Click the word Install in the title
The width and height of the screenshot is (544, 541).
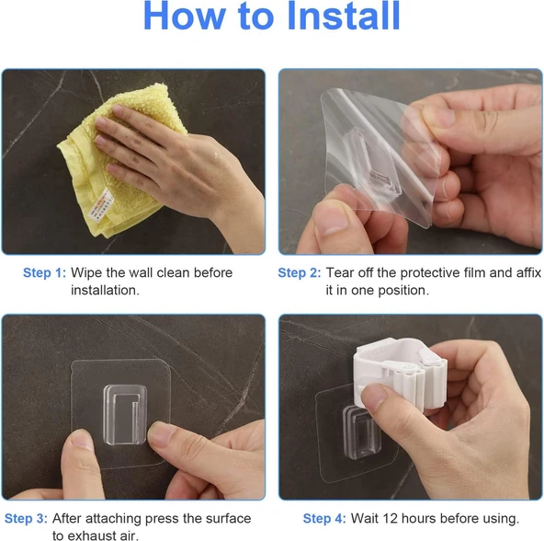pyautogui.click(x=344, y=16)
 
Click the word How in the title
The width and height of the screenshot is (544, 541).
pyautogui.click(x=184, y=16)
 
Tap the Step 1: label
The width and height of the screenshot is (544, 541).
pyautogui.click(x=44, y=272)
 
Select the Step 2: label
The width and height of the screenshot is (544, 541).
pyautogui.click(x=300, y=272)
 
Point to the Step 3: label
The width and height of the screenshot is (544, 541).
pyautogui.click(x=26, y=518)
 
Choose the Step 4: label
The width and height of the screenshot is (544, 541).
pyautogui.click(x=324, y=518)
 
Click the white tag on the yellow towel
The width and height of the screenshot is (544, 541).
pyautogui.click(x=100, y=206)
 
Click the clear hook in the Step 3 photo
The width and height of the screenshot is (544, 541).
pyautogui.click(x=125, y=414)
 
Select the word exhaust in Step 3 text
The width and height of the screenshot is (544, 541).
pyautogui.click(x=91, y=535)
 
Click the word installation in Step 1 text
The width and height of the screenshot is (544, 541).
pyautogui.click(x=105, y=290)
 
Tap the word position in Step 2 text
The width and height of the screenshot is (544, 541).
pyautogui.click(x=403, y=291)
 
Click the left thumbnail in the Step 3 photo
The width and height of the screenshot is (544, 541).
pyautogui.click(x=83, y=440)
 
